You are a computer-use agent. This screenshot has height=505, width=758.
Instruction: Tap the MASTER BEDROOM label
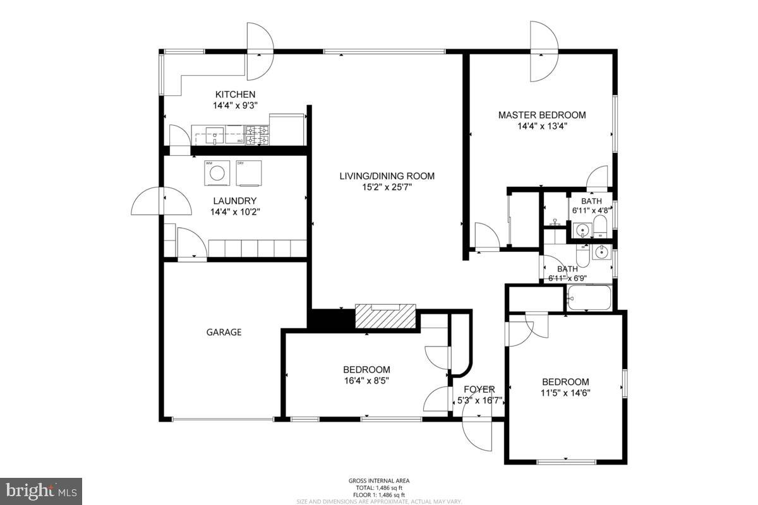pyautogui.click(x=541, y=115)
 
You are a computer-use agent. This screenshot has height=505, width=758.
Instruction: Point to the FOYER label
pyautogui.click(x=479, y=389)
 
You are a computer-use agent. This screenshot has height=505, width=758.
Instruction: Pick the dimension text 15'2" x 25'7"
pyautogui.click(x=387, y=187)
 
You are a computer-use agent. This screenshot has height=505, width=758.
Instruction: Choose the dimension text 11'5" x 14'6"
pyautogui.click(x=565, y=393)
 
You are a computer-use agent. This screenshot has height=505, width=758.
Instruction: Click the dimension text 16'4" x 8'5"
pyautogui.click(x=366, y=380)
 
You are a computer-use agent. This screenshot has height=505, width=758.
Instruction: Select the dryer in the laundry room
pyautogui.click(x=248, y=173)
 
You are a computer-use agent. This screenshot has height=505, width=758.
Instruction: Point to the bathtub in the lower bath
pyautogui.click(x=589, y=298)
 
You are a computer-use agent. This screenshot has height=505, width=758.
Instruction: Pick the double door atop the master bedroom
pyautogui.click(x=543, y=52)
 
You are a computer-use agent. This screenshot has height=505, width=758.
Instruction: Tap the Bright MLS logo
pyautogui.click(x=41, y=491)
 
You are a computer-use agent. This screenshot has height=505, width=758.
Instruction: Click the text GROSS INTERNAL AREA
pyautogui.click(x=378, y=481)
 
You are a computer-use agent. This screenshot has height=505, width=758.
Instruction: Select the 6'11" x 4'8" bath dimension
pyautogui.click(x=591, y=210)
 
